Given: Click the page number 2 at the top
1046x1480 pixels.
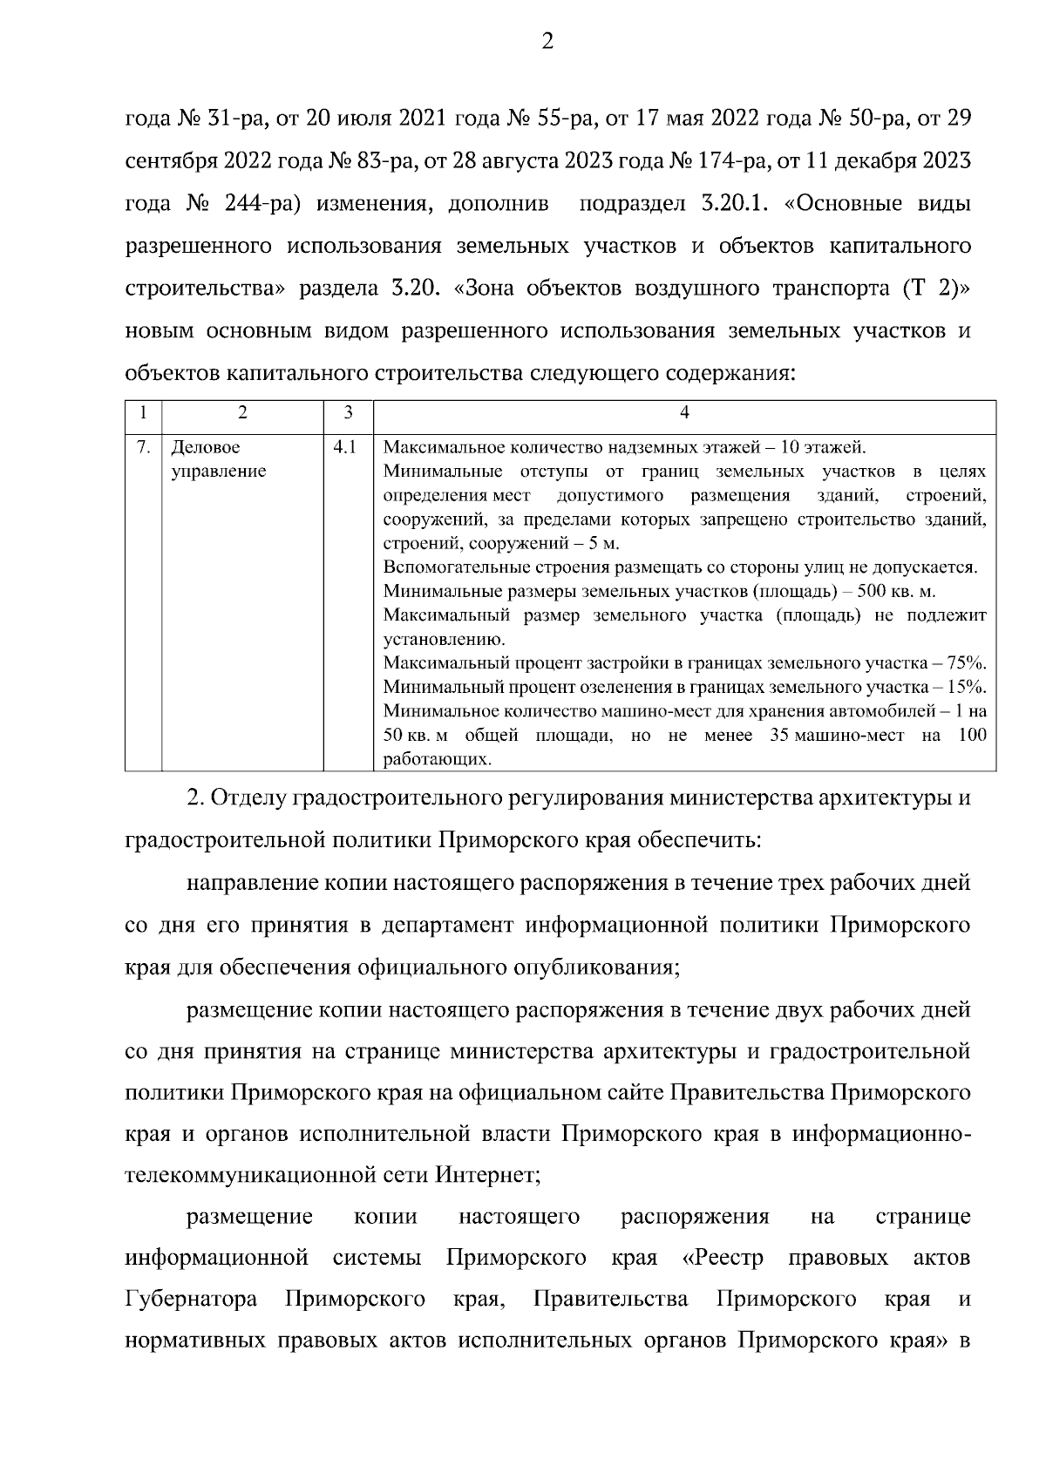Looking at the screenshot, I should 547,41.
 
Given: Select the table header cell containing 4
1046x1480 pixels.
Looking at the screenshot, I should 684,412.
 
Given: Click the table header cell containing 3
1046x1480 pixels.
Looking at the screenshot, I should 348,412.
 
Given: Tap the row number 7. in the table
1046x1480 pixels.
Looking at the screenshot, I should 143,448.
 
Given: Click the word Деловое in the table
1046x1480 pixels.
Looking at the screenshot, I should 205,448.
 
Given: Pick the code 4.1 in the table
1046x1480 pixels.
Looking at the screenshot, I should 345,448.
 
